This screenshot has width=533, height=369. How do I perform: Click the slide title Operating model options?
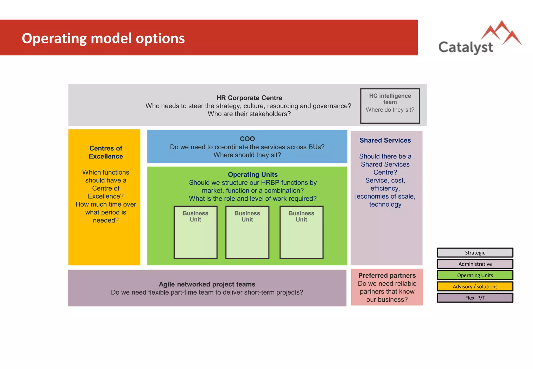point(103,38)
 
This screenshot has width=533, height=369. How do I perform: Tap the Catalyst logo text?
point(465,47)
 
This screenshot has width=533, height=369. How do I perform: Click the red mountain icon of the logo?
point(501,33)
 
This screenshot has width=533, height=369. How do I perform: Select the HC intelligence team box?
point(390,106)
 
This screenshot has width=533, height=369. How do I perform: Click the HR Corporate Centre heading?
point(249,98)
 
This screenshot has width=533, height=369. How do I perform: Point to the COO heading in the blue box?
point(247,139)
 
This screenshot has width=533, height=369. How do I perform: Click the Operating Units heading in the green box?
point(252,174)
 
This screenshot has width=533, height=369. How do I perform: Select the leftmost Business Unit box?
point(195,232)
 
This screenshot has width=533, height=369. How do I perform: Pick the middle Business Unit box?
point(247,232)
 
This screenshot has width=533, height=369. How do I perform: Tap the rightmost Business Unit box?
point(301,232)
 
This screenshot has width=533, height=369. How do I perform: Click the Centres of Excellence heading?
point(106,152)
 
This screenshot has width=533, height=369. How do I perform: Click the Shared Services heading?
point(385,140)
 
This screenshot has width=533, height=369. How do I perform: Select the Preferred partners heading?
point(387,275)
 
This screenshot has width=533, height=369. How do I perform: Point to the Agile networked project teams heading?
point(207,284)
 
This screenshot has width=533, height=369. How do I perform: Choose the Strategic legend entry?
point(475,253)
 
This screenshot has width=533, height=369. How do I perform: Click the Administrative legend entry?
point(475,264)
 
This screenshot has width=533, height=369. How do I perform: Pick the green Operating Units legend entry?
point(475,275)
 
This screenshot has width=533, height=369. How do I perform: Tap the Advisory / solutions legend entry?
point(475,287)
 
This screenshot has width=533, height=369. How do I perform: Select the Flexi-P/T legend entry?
point(475,298)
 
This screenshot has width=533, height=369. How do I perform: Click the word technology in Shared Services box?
point(385,205)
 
